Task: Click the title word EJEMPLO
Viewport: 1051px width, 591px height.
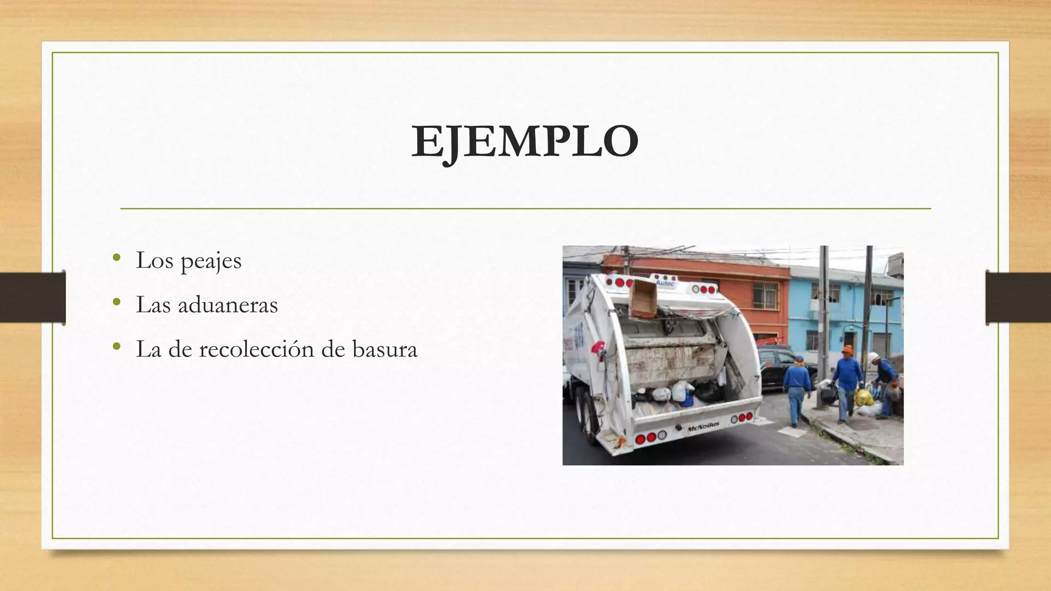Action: (x=525, y=142)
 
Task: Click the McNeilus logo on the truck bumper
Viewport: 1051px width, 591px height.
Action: (x=703, y=426)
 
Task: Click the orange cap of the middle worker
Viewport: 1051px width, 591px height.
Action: (x=847, y=351)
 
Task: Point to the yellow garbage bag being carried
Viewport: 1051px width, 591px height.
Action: (x=863, y=396)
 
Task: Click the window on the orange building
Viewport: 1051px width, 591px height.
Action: (x=765, y=295)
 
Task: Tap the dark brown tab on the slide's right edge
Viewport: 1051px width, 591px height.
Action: (x=1018, y=298)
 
